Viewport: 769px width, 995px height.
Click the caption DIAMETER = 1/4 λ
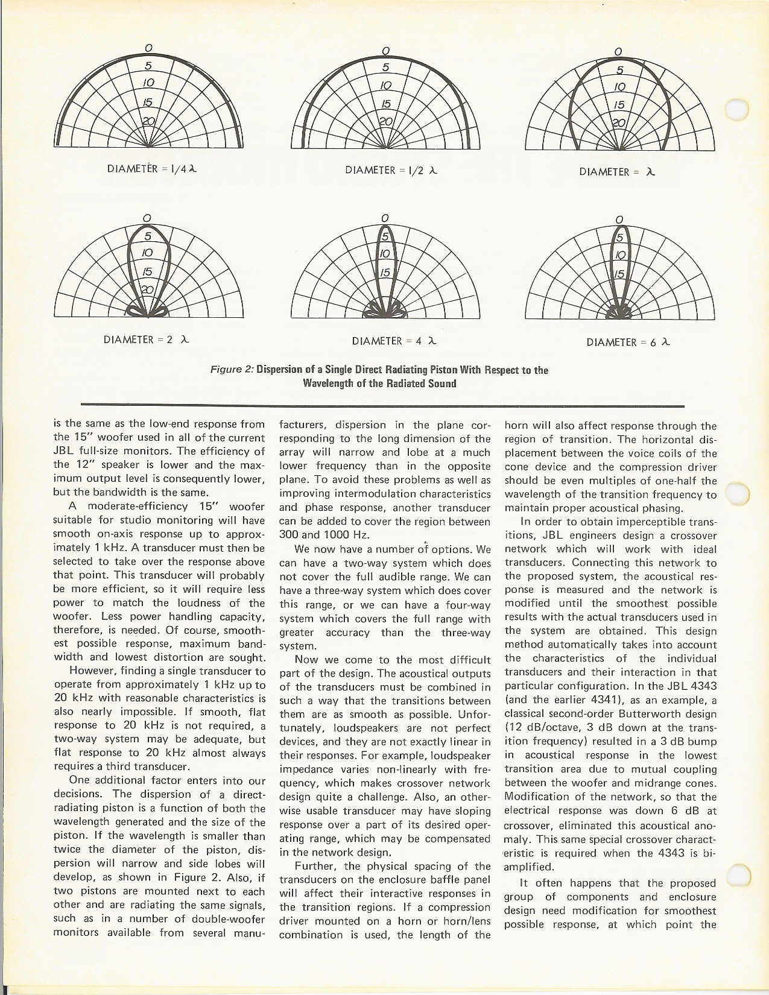point(152,169)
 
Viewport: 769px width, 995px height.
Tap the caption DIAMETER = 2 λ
point(147,340)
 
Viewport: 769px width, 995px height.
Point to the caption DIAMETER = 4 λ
point(394,341)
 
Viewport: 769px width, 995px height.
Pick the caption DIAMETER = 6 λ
point(628,343)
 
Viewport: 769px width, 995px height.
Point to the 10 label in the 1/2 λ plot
point(386,84)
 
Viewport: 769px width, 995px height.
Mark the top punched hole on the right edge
point(737,109)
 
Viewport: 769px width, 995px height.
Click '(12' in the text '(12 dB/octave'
point(513,728)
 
